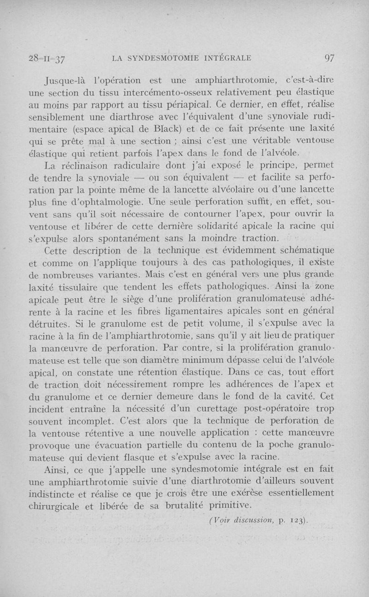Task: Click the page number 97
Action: (x=329, y=58)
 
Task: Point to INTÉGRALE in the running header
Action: (x=225, y=58)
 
